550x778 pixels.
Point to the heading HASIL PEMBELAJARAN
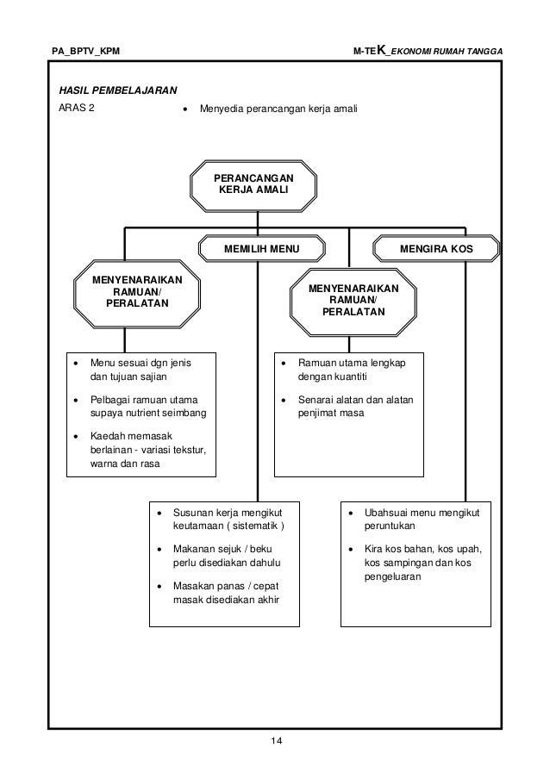117,90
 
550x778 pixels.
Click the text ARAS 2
77,109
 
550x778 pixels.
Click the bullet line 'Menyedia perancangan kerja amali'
277,109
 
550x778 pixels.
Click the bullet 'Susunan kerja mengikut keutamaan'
228,519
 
